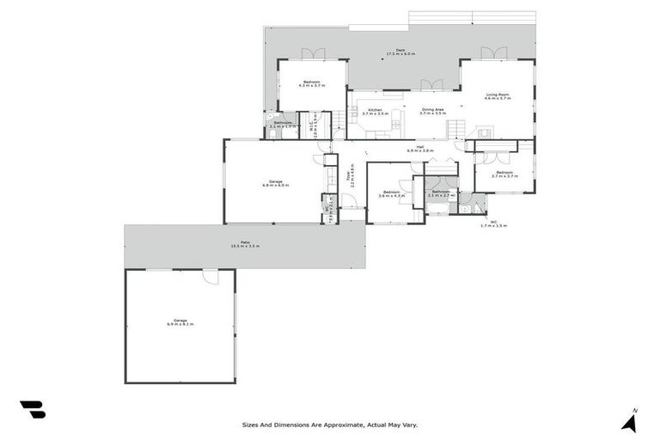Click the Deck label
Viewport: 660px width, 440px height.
coord(400,52)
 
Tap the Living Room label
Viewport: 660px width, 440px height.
coord(498,97)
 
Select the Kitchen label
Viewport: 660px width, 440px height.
coord(376,111)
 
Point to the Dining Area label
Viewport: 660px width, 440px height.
coord(432,111)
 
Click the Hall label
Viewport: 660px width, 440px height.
coord(420,149)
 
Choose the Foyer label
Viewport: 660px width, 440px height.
coord(350,180)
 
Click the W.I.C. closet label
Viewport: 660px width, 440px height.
coord(315,129)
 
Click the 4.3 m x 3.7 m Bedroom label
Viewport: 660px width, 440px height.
coord(310,83)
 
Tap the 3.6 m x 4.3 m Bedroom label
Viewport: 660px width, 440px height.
coord(391,193)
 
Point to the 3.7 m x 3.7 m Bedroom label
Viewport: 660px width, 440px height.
coord(503,174)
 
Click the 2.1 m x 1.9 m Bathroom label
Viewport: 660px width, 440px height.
coord(283,125)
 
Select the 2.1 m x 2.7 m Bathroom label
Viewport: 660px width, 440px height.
coord(442,193)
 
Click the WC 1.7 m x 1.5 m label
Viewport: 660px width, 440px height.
coord(493,223)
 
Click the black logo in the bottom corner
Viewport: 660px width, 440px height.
coord(33,410)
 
